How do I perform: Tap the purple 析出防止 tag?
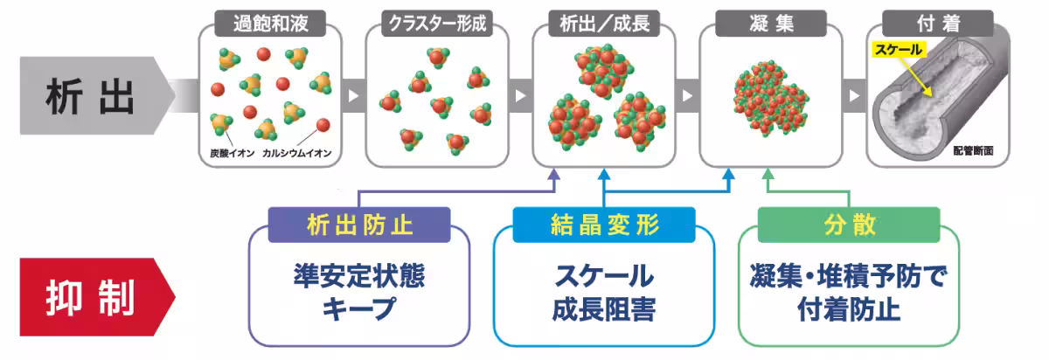[358, 225]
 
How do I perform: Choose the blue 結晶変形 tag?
[604, 225]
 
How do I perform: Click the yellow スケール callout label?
[898, 51]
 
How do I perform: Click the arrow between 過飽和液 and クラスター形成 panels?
[353, 95]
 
